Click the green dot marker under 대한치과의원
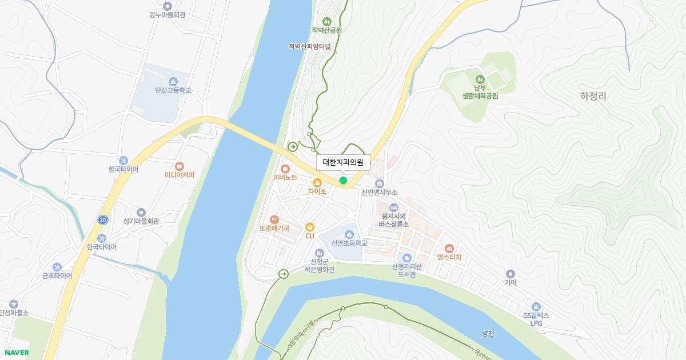343,181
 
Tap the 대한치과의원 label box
343,162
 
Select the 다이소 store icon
317,182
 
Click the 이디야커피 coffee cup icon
180,166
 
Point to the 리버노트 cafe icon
285,169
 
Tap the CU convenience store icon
310,227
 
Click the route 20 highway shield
102,219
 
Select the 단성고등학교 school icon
173,81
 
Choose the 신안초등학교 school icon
349,234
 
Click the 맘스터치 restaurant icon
449,248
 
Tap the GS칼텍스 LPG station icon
536,306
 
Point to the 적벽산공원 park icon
326,21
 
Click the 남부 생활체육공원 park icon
480,79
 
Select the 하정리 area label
593,97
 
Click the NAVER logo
17,353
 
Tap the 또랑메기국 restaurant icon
274,219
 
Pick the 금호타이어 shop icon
57,266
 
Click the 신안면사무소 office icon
379,183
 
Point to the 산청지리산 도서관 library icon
406,258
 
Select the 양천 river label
488,334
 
